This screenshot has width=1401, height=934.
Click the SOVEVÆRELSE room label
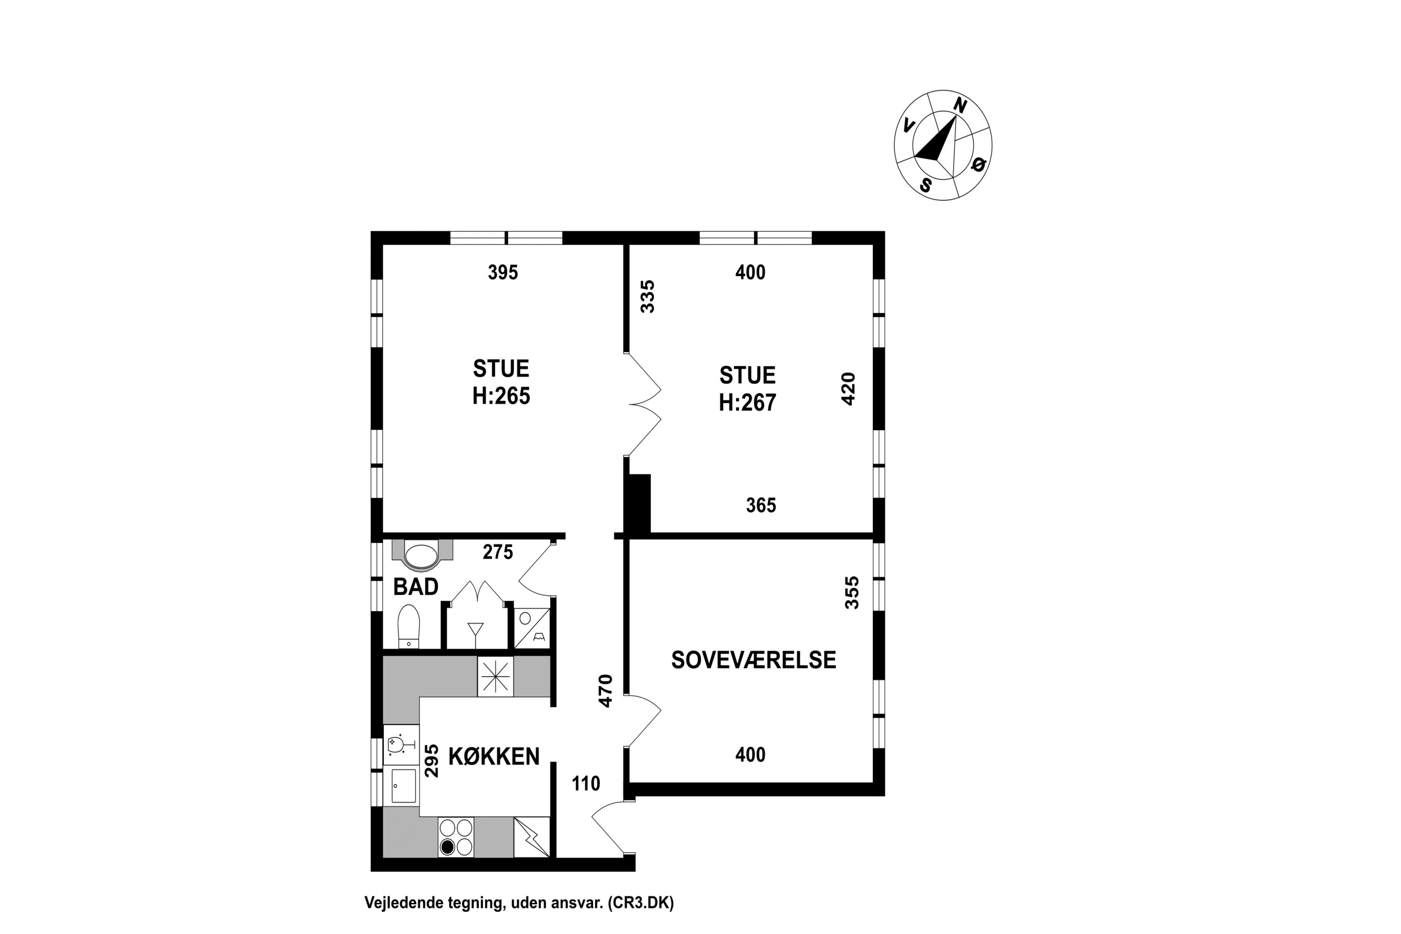click(x=754, y=660)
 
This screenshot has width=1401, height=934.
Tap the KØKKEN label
click(x=494, y=757)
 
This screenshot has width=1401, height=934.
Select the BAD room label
click(x=416, y=587)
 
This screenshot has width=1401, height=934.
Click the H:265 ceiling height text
click(x=501, y=396)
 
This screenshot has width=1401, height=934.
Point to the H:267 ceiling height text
click(x=748, y=403)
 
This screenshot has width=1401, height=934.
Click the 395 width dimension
click(x=503, y=272)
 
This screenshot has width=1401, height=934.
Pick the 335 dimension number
click(x=647, y=296)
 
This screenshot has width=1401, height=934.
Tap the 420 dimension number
click(x=848, y=389)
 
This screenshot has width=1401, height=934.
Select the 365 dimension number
click(x=761, y=505)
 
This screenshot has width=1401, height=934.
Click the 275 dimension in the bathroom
click(x=498, y=552)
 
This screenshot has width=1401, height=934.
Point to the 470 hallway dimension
click(x=605, y=691)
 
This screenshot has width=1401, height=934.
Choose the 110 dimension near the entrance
click(x=586, y=783)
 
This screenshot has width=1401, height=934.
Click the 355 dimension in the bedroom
click(x=852, y=592)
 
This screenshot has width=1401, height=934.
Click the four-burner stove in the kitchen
click(x=456, y=837)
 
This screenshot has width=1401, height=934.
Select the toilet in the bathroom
click(x=409, y=626)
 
